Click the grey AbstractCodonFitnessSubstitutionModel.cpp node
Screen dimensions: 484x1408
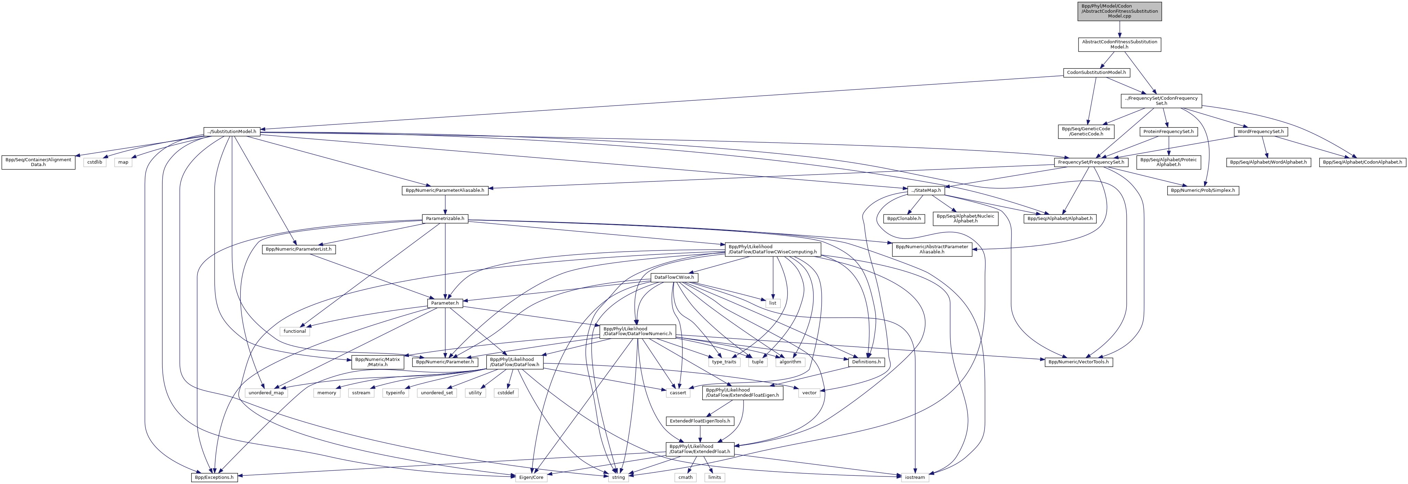click(x=1119, y=11)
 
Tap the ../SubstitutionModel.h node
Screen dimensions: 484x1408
click(x=232, y=132)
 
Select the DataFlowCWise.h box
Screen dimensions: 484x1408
click(x=674, y=277)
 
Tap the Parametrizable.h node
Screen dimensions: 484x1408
click(x=445, y=219)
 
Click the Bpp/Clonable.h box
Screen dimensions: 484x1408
click(x=903, y=219)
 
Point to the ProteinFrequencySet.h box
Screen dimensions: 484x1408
click(x=1168, y=132)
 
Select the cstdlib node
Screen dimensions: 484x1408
click(x=95, y=162)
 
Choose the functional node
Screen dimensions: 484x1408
click(x=295, y=331)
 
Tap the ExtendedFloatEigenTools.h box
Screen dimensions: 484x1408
click(x=700, y=421)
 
